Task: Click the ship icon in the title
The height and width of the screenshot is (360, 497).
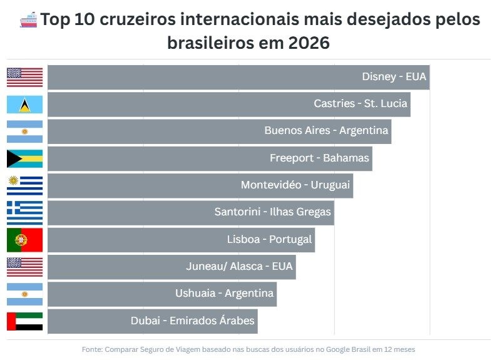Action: point(29,20)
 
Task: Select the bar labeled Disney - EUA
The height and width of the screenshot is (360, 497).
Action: point(238,77)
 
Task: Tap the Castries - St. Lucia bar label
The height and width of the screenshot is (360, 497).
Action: point(361,104)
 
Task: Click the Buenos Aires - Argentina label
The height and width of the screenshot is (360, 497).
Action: point(326,131)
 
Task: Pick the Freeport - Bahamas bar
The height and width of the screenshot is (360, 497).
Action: point(210,158)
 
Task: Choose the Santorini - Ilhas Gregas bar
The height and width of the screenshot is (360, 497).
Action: point(190,212)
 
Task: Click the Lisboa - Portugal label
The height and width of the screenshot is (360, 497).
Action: point(269,239)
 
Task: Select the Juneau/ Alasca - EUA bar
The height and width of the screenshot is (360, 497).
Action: point(171,267)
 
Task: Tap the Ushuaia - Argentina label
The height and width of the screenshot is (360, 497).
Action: point(225,293)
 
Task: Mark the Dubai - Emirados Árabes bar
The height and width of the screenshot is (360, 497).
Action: point(152,321)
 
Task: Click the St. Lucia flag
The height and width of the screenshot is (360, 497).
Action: point(25,104)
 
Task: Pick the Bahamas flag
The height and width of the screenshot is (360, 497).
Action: point(25,158)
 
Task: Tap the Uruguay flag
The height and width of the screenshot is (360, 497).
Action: point(25,185)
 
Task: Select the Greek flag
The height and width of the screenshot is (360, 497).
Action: point(25,212)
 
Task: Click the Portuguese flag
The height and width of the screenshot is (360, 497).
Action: point(25,240)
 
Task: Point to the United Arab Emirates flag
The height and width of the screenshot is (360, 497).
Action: point(25,321)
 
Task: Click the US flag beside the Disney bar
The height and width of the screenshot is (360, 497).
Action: point(25,77)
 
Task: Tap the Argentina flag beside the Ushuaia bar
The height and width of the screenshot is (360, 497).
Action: point(25,294)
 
